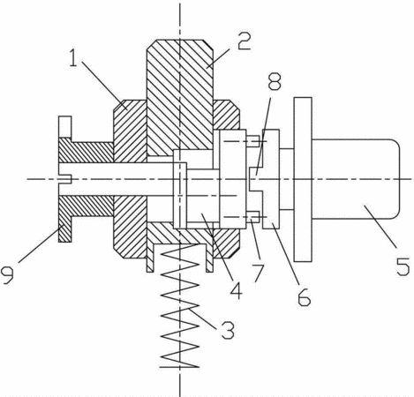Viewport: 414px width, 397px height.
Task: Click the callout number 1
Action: coord(73,58)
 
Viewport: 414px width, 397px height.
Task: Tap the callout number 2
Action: coord(244,41)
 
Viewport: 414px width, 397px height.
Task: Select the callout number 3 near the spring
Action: coord(228,330)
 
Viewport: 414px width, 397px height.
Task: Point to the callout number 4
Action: coord(236,290)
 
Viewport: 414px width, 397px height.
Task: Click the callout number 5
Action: coord(403,266)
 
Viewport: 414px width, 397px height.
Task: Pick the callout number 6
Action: coord(304,296)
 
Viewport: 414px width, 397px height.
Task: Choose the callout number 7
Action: coord(258,273)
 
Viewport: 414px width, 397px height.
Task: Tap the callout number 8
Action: coord(275,81)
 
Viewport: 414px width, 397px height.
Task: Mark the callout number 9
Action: coord(8,274)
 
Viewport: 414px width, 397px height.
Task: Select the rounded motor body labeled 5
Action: coord(356,179)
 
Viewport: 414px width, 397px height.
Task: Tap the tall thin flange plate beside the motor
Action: coord(303,179)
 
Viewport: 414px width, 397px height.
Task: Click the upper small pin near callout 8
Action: coord(252,141)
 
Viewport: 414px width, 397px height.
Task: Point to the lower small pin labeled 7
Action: coord(252,217)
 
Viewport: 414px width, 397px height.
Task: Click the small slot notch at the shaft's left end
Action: coord(65,179)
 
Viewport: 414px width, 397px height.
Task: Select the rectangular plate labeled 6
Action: coord(271,179)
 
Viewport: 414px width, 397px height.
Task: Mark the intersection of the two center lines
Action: coord(179,179)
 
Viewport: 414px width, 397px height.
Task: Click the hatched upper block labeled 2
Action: coord(180,97)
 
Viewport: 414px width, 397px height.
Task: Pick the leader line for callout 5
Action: coord(380,225)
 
